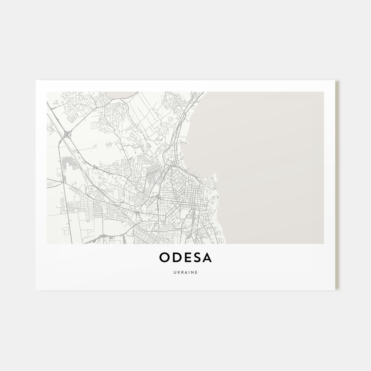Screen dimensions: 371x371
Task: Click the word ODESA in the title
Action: click(185, 258)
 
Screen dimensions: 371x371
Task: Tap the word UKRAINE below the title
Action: click(185, 272)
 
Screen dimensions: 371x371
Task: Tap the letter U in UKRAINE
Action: click(175, 272)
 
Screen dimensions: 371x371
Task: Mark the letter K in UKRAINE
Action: click(178, 272)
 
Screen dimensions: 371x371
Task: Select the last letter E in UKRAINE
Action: click(196, 272)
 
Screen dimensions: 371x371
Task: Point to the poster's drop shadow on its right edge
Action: click(337, 185)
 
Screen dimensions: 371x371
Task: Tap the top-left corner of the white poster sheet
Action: click(36, 81)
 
